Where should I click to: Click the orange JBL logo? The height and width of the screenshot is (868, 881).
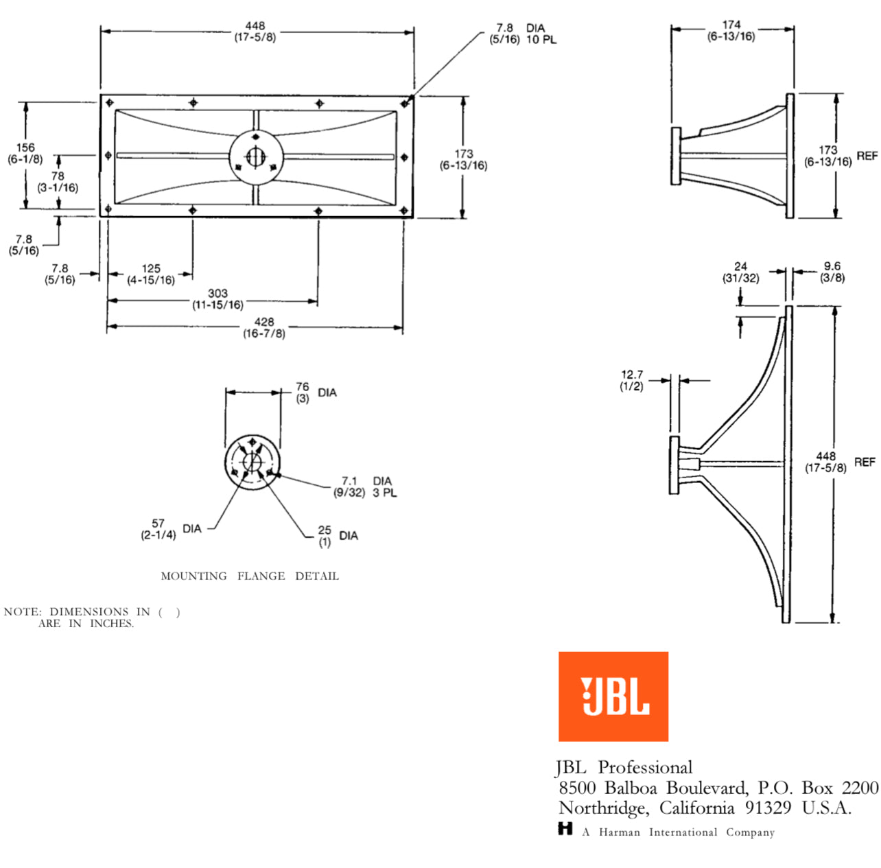coord(613,696)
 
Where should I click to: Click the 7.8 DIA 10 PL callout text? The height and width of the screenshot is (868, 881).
coord(522,34)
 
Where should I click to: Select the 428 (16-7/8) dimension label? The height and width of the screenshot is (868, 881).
coord(264,327)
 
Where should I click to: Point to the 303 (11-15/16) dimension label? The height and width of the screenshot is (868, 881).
coord(218,299)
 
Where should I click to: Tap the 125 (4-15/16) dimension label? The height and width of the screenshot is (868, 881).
coord(151,274)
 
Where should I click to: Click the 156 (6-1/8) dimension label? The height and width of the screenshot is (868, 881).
coord(25,153)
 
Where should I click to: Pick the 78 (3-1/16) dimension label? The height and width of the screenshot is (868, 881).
coord(58,182)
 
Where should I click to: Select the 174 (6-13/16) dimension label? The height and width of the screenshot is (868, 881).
coord(731,30)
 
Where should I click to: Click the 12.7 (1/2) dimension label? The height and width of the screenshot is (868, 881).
coord(632,380)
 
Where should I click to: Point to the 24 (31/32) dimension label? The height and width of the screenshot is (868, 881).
coord(740,272)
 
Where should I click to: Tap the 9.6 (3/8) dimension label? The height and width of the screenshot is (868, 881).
coord(832,272)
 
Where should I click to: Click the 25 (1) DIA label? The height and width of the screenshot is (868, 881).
coord(337,536)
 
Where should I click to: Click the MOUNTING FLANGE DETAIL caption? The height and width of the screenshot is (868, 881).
coord(250,576)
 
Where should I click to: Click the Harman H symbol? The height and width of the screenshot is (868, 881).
coord(565,829)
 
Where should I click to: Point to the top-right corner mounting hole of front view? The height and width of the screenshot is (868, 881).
coord(405,104)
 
